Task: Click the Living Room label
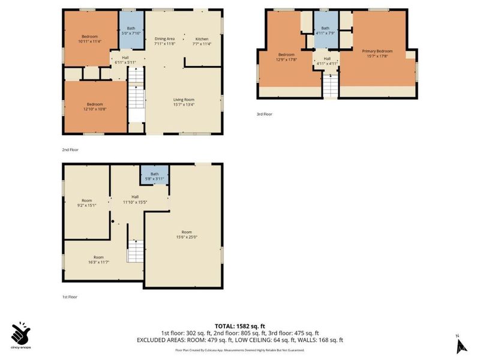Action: coord(184,103)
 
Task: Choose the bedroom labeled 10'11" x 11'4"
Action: coord(90,38)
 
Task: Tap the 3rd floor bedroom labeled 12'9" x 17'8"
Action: coord(286,56)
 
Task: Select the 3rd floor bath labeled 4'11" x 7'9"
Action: coord(325,31)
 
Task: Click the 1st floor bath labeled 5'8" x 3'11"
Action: coord(155,175)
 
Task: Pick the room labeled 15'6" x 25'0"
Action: coord(187,234)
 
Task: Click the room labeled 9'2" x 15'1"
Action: coord(87,203)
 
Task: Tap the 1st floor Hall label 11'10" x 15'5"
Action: coord(136,199)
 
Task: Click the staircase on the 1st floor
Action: coord(136,251)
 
